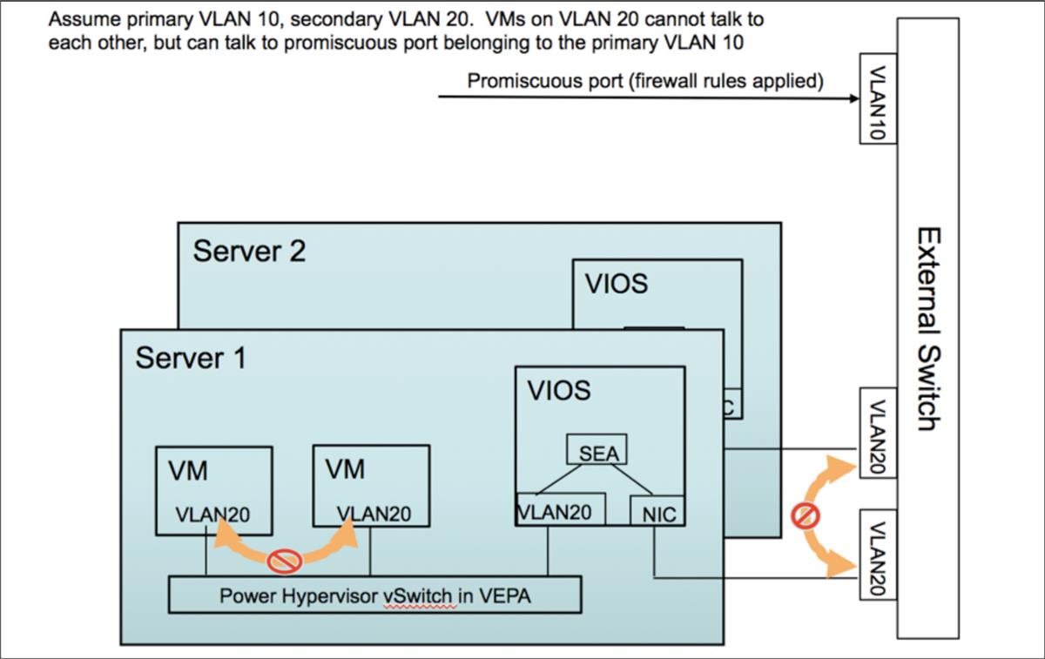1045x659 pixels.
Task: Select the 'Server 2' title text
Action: tap(249, 252)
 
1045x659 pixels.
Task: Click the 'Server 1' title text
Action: tap(191, 358)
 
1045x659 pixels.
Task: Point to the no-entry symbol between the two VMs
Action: tap(285, 561)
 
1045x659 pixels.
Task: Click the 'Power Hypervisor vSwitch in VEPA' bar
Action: tap(374, 596)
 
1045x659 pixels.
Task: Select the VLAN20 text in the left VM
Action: tap(212, 514)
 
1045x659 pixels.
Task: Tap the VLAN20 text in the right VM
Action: tap(374, 514)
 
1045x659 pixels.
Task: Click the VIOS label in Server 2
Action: tap(617, 284)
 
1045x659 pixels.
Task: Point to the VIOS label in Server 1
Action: tap(559, 390)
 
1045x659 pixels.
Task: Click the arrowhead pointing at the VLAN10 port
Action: tap(853, 98)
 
